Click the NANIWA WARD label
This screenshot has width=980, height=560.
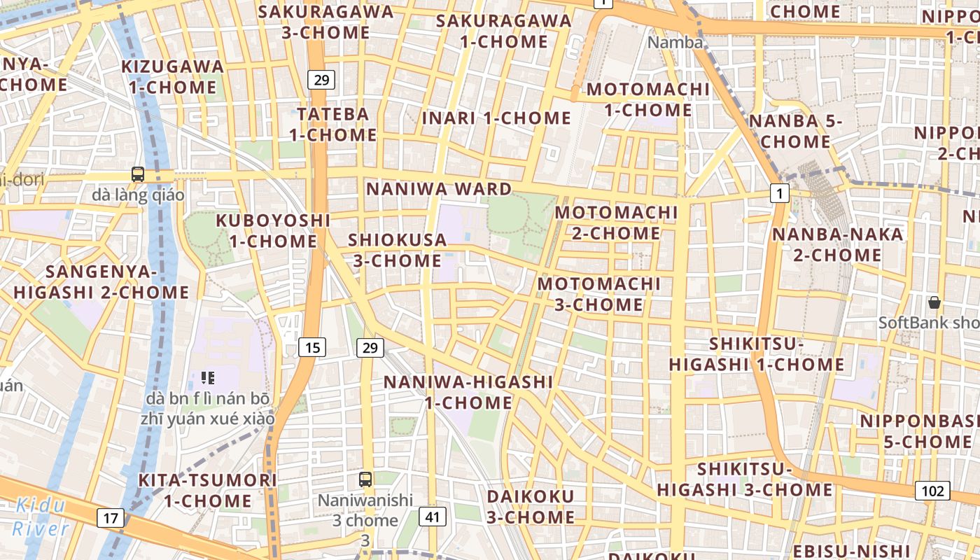439,189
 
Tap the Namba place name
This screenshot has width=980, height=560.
675,43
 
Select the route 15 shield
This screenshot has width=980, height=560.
312,346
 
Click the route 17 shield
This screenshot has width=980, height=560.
110,518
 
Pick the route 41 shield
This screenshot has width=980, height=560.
433,517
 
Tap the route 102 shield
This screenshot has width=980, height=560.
932,491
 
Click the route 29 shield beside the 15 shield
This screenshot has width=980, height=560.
370,346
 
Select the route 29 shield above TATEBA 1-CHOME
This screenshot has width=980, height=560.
321,80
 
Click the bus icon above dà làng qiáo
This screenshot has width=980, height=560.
138,174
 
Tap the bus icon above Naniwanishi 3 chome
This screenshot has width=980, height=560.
365,479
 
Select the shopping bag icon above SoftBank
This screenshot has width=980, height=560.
934,302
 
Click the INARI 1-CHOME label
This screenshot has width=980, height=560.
496,118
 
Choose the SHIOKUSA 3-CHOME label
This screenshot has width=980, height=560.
397,250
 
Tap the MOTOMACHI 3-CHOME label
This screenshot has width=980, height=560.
598,294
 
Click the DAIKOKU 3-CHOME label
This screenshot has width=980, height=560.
531,507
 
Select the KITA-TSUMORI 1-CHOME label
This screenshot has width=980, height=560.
207,490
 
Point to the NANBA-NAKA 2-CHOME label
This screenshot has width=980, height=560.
837,244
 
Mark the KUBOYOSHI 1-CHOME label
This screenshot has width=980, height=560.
273,230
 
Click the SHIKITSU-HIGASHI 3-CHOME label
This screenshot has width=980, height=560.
744,479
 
